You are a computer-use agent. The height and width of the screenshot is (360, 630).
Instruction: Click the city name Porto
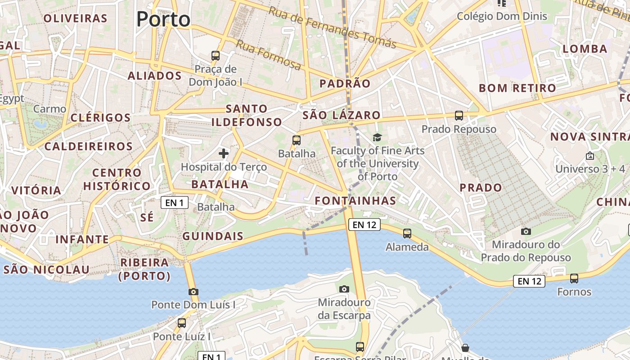pos(163,19)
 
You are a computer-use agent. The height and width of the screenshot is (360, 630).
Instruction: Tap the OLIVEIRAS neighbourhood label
pos(76,18)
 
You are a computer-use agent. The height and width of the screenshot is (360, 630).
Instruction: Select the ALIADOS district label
pos(154,76)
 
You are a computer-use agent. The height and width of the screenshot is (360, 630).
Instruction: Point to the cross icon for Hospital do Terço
pos(224,153)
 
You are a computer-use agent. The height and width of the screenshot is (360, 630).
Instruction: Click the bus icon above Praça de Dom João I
pos(216,56)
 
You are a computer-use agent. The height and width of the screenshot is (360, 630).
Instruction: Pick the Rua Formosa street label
pos(268,55)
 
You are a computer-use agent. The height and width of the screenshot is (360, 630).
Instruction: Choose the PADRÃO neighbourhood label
pos(345,83)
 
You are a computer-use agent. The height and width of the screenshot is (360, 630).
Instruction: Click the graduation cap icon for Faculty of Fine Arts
pos(377,137)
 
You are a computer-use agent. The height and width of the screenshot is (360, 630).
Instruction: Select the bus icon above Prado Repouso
pos(459,116)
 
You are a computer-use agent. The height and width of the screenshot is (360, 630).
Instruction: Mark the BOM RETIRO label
pos(517,88)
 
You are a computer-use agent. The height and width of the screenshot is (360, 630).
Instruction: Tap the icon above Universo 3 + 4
pos(590,156)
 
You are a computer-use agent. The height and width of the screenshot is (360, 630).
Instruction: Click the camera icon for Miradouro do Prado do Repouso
pos(526,231)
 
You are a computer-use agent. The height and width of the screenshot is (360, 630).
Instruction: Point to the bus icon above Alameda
pos(407,233)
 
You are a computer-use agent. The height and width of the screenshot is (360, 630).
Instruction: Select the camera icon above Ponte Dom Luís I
pos(193,292)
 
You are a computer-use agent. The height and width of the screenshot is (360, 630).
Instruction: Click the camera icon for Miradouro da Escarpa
pos(344,289)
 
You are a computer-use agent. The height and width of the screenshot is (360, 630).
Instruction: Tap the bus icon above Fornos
pos(574,278)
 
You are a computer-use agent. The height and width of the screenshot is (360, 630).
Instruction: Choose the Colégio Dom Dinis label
pos(502,17)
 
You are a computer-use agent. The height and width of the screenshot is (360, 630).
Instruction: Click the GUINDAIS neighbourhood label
pos(213,236)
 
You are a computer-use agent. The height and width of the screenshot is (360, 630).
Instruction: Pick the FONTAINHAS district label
pos(355,201)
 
